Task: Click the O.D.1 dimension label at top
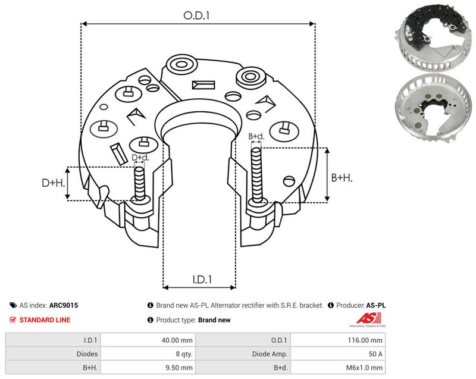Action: click(197, 15)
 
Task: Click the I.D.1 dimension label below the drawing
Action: click(202, 279)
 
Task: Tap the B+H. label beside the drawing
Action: click(342, 177)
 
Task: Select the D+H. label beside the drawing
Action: click(54, 183)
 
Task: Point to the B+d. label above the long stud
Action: click(256, 136)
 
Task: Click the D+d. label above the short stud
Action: click(140, 158)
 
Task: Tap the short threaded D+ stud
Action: click(140, 184)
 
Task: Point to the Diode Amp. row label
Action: click(270, 354)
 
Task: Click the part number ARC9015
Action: click(64, 305)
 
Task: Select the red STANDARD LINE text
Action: click(45, 320)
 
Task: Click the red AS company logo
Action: click(368, 319)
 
